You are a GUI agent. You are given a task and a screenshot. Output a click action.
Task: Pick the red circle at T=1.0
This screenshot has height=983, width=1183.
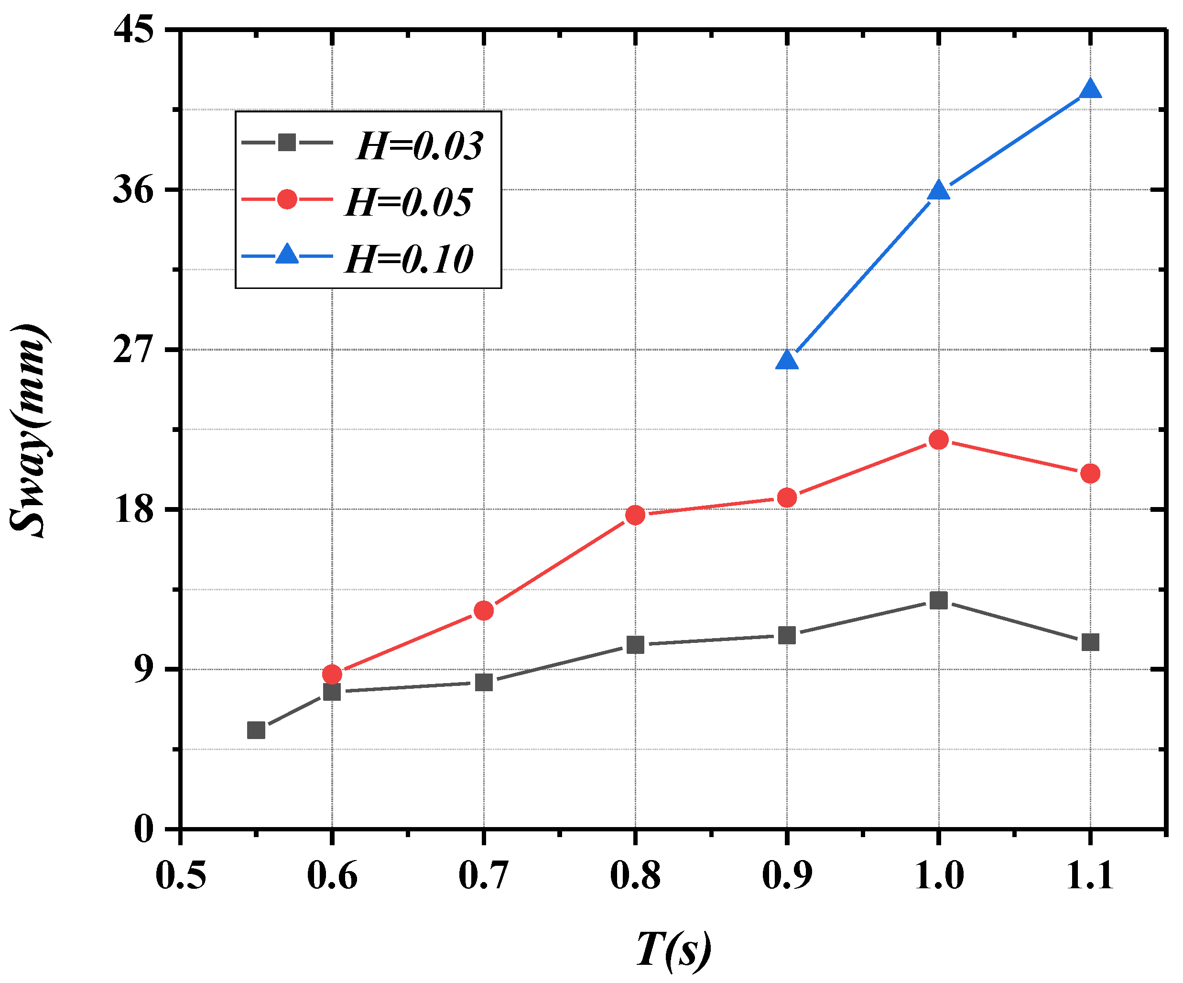[x=938, y=440]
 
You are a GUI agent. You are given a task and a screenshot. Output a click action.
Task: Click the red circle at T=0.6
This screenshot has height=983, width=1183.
[x=332, y=674]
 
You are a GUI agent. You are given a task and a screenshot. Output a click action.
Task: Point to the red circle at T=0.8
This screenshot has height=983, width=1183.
[x=635, y=515]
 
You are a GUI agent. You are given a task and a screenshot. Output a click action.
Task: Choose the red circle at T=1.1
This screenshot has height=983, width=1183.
[x=1090, y=474]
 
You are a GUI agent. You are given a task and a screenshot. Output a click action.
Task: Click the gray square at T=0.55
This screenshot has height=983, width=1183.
[x=256, y=730]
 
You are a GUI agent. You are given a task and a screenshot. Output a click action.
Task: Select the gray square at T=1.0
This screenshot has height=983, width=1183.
[x=938, y=600]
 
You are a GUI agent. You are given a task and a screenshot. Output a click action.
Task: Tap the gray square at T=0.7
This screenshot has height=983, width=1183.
[x=484, y=683]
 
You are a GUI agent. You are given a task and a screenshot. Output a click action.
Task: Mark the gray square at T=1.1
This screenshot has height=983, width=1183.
[x=1090, y=642]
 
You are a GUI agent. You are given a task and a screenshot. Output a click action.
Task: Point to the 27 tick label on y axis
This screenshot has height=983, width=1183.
[x=133, y=350]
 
